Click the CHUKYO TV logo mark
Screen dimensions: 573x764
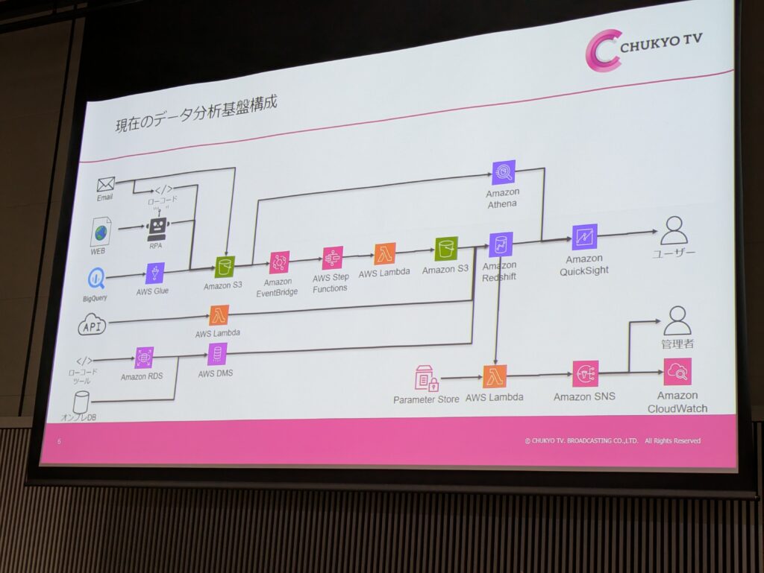pyautogui.click(x=603, y=51)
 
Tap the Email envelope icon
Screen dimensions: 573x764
pyautogui.click(x=105, y=183)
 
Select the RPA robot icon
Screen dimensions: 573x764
pyautogui.click(x=157, y=227)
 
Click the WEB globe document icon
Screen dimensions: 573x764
pyautogui.click(x=100, y=232)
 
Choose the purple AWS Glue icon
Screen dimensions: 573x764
pyautogui.click(x=155, y=273)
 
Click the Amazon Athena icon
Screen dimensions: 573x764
pyautogui.click(x=504, y=173)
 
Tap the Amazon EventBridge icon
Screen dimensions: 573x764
pyautogui.click(x=279, y=262)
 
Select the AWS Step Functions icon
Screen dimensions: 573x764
pyautogui.click(x=332, y=258)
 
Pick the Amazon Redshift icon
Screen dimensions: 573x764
pyautogui.click(x=500, y=244)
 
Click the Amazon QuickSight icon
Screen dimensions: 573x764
pyautogui.click(x=584, y=237)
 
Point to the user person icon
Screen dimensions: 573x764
pyautogui.click(x=674, y=231)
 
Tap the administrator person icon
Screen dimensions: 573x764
pyautogui.click(x=677, y=320)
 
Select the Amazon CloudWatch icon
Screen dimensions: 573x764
pyautogui.click(x=677, y=371)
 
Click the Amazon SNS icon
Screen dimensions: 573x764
pyautogui.click(x=585, y=374)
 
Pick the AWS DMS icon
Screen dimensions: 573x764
pyautogui.click(x=217, y=354)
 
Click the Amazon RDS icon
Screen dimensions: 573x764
pyautogui.click(x=143, y=358)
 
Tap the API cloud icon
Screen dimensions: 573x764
pyautogui.click(x=93, y=325)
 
